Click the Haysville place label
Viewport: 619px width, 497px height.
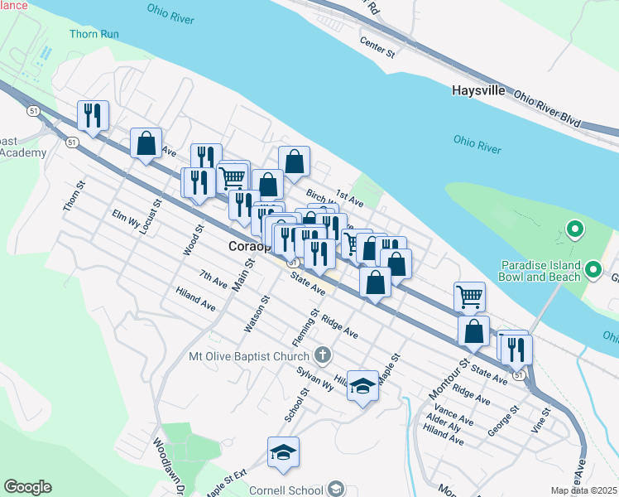coord(478,90)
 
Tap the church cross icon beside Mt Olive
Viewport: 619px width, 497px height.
coord(323,356)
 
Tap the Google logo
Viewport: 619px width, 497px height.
coord(27,487)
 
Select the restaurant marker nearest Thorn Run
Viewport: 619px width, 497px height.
coord(92,116)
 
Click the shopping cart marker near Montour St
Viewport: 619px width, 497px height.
coord(469,296)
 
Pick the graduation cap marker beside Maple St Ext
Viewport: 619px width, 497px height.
coord(283,452)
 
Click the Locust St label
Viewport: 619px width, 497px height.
coord(149,217)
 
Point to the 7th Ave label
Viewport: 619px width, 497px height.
coord(214,279)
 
